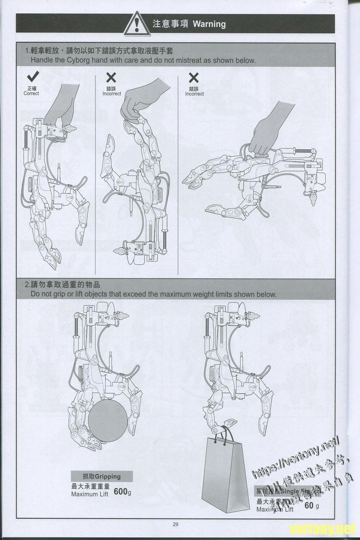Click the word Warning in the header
[209, 24]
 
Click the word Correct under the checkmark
[31, 94]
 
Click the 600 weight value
[121, 491]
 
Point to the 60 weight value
[309, 505]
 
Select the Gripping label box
[96, 476]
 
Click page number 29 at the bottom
[175, 524]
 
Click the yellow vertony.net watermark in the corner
[322, 528]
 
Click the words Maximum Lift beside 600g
[90, 494]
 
